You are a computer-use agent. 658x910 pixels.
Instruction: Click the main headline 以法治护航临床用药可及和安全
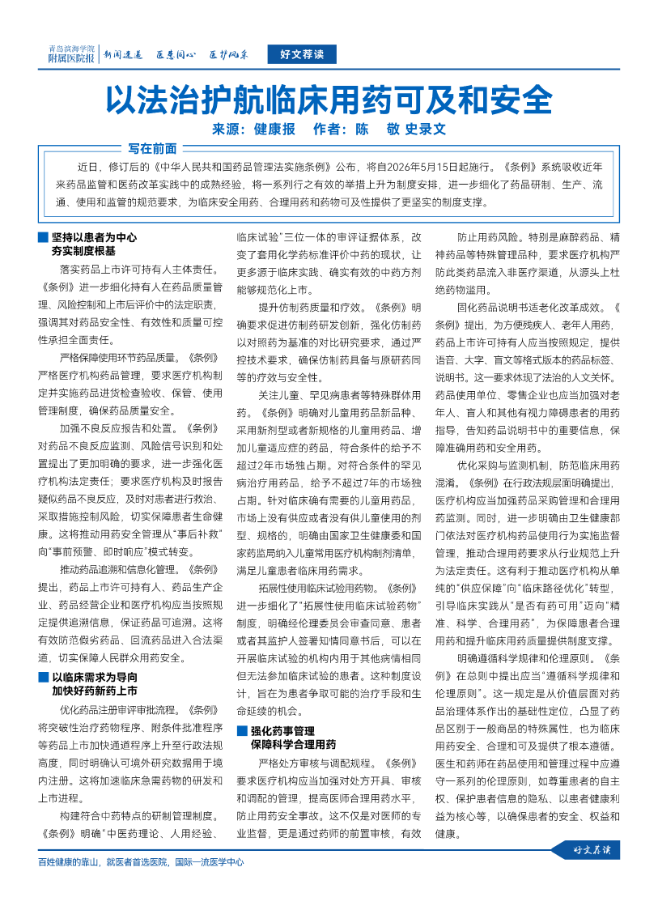[x=329, y=101]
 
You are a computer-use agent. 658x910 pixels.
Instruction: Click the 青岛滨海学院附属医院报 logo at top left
[x=71, y=54]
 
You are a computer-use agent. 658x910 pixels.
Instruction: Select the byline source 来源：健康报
[x=253, y=129]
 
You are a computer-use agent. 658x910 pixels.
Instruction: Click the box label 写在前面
[x=152, y=148]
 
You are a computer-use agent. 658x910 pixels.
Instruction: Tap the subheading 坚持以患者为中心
[x=94, y=238]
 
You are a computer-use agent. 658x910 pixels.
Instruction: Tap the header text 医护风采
[x=229, y=55]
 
